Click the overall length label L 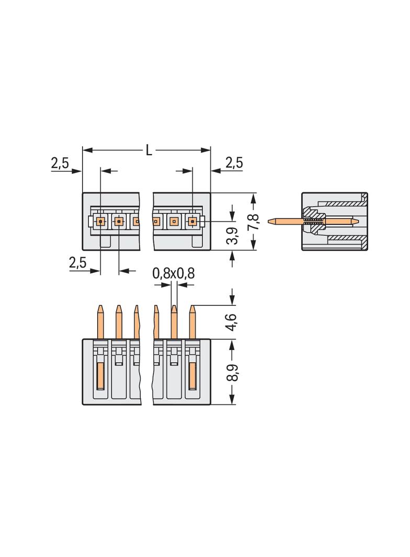pos(149,150)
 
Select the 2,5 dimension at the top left pos(60,163)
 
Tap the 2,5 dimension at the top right pos(234,163)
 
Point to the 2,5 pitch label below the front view pos(77,262)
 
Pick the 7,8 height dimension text pos(253,222)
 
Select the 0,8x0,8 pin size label pos(173,273)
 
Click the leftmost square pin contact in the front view pos(100,222)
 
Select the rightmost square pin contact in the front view pos(192,222)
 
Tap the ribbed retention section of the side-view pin pos(313,222)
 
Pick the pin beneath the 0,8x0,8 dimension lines pos(174,321)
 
